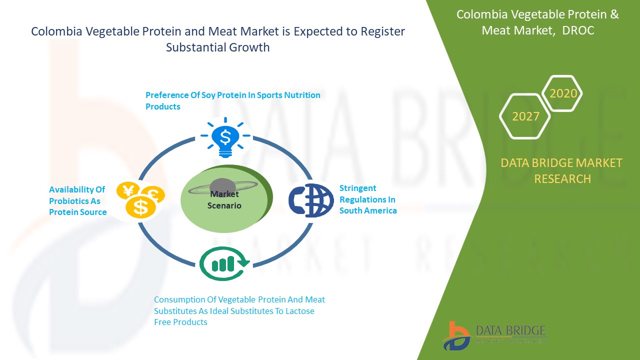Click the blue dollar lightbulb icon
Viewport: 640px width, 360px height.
225,137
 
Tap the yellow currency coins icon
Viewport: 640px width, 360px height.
140,200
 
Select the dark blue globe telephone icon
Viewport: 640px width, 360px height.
311,200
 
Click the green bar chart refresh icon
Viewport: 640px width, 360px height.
224,263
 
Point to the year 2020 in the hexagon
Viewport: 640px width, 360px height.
563,93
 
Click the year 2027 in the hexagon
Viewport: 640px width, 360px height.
525,116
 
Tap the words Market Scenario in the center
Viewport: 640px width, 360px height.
224,199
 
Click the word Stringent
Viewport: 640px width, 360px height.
357,188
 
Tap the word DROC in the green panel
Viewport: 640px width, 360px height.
578,30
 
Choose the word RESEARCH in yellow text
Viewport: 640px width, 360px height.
562,179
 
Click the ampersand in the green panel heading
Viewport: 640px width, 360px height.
614,14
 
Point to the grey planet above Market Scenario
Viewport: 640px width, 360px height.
222,187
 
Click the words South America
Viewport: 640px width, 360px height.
368,210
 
